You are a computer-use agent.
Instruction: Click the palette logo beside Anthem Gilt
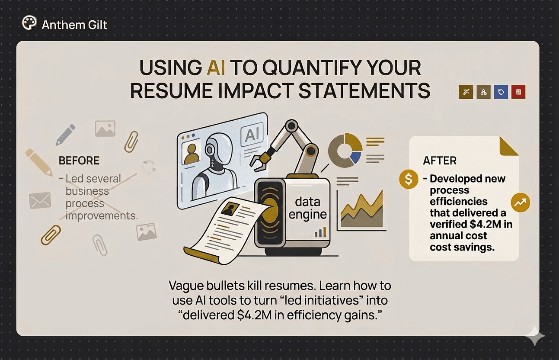coord(29,23)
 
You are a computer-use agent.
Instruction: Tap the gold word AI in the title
coord(213,68)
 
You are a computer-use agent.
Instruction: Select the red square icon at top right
coord(518,92)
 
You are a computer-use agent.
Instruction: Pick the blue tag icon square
coord(501,92)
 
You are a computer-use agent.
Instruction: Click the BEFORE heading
coord(79,161)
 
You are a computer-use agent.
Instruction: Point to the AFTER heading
coord(440,161)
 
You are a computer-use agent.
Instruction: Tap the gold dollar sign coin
coord(409,179)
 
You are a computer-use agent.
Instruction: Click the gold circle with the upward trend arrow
coord(520,202)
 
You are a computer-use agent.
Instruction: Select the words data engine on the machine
coord(308,208)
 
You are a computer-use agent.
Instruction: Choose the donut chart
coord(345,148)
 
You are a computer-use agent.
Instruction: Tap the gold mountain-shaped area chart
coord(362,210)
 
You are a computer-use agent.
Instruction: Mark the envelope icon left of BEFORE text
coord(40,200)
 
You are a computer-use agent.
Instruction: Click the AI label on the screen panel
coord(251,135)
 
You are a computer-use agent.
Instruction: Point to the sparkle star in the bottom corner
coord(535,336)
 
